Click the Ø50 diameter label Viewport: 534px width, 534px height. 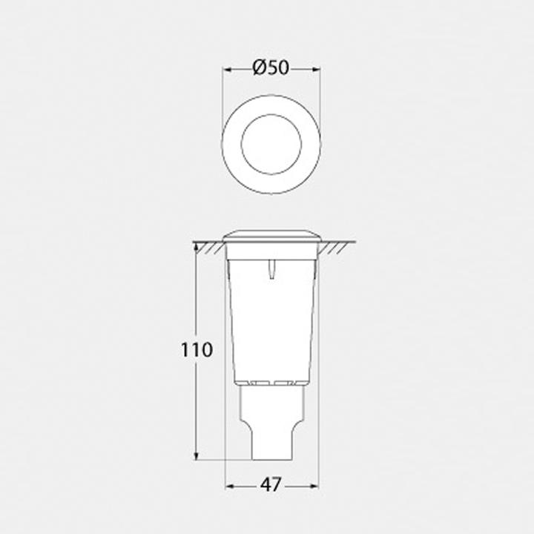271,67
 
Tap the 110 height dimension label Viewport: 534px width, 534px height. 197,350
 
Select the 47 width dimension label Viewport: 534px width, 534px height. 271,484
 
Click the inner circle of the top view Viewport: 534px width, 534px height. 271,114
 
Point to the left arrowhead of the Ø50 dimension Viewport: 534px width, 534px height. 228,70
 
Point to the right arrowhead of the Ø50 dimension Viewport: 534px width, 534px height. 317,70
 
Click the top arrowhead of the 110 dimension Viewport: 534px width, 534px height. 196,248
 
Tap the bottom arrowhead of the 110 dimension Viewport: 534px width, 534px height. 196,455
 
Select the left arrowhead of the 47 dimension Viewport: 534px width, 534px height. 231,487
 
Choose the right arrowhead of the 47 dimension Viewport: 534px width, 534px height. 314,487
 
